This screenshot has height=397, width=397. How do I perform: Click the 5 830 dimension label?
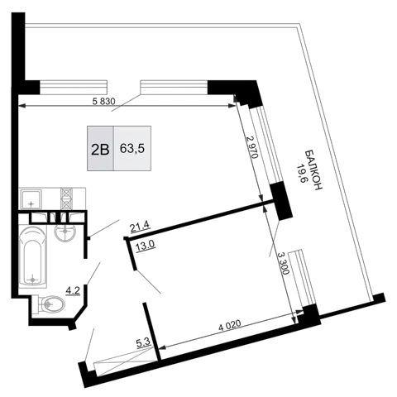click(x=103, y=102)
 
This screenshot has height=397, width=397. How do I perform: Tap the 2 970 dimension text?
click(x=252, y=148)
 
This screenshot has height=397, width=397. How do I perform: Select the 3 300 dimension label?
click(x=284, y=263)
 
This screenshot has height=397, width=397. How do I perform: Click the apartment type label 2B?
click(x=100, y=150)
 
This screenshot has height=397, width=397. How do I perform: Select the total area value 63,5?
click(x=132, y=149)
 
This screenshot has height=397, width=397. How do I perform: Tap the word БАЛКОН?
click(x=314, y=170)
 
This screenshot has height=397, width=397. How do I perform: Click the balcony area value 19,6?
click(x=301, y=175)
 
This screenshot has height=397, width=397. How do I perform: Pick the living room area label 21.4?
click(x=140, y=227)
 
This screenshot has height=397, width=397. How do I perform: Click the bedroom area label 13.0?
click(x=146, y=244)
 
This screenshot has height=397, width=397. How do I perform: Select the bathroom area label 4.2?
click(x=73, y=290)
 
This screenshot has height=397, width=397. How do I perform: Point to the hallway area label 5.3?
click(x=143, y=342)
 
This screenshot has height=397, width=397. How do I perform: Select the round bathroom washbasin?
click(x=65, y=231)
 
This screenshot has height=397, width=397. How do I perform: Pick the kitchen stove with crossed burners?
click(x=66, y=198)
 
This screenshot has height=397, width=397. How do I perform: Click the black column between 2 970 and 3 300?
click(x=280, y=201)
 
